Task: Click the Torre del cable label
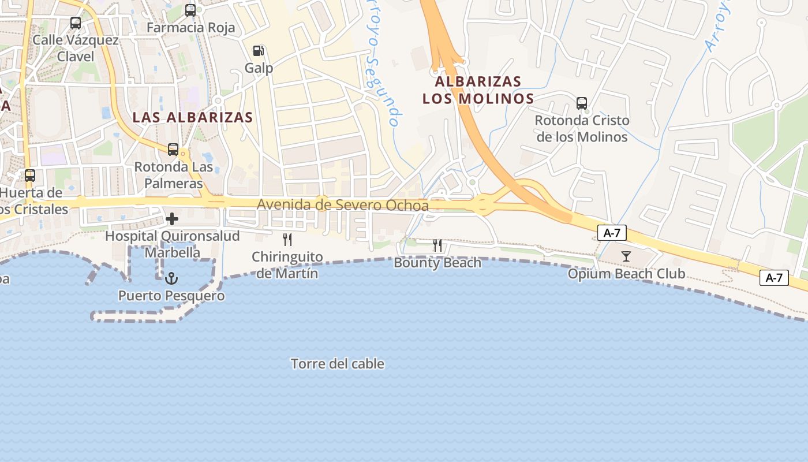click(x=338, y=364)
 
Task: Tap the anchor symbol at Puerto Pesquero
click(x=171, y=279)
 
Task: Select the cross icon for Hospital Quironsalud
click(x=172, y=219)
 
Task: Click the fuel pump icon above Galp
click(x=259, y=51)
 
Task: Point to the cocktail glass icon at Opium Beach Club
click(x=626, y=256)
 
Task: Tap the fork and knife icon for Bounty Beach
click(x=437, y=245)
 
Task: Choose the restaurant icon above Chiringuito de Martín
click(x=287, y=240)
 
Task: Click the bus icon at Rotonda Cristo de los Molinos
click(x=582, y=103)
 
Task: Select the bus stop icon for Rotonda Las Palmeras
click(x=173, y=150)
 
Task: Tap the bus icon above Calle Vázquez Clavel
click(x=76, y=23)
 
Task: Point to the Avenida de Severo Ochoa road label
click(x=343, y=205)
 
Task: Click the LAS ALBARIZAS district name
click(x=193, y=117)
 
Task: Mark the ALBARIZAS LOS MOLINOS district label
click(x=478, y=90)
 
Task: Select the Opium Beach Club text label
click(x=626, y=273)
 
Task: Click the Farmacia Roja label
click(x=190, y=28)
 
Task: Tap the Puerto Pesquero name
click(x=171, y=296)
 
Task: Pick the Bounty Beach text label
click(x=437, y=263)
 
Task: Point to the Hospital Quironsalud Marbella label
click(x=172, y=244)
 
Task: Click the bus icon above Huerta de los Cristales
click(x=29, y=175)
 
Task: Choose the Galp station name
click(x=259, y=68)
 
